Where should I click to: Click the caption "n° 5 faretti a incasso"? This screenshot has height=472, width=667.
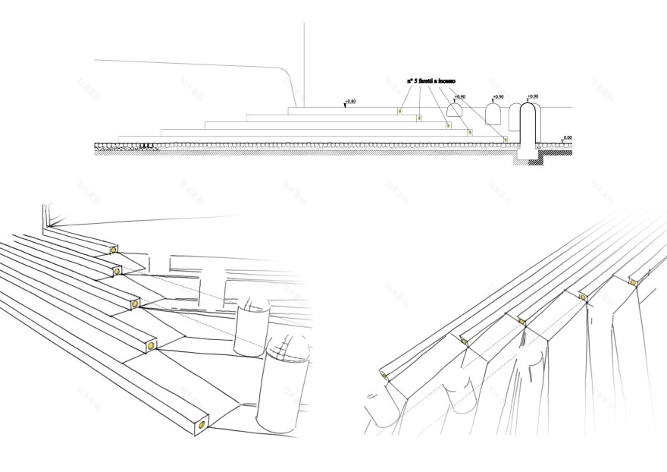[431, 80]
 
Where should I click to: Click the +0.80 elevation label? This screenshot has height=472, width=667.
[349, 102]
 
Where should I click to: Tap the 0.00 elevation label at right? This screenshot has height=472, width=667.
[567, 137]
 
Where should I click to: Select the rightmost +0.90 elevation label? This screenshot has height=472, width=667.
[533, 96]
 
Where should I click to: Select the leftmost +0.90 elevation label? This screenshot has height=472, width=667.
[459, 97]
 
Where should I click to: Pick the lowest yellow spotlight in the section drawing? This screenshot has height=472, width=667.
[505, 140]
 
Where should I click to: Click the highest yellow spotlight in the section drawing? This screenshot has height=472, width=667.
[400, 111]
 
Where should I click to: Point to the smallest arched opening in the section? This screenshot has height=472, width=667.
[455, 110]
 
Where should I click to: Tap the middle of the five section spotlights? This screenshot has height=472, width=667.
[449, 125]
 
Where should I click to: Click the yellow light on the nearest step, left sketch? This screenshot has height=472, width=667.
[202, 424]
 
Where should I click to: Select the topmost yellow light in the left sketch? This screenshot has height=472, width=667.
[114, 250]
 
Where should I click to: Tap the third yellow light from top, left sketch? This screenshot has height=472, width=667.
[136, 304]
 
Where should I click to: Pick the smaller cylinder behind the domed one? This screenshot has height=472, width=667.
[251, 330]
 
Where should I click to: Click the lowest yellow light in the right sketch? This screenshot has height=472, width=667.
[384, 376]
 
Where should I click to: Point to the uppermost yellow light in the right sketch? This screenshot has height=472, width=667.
[634, 282]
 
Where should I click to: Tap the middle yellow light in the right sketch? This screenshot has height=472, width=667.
[521, 322]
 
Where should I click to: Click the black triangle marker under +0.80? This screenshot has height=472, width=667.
[346, 107]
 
